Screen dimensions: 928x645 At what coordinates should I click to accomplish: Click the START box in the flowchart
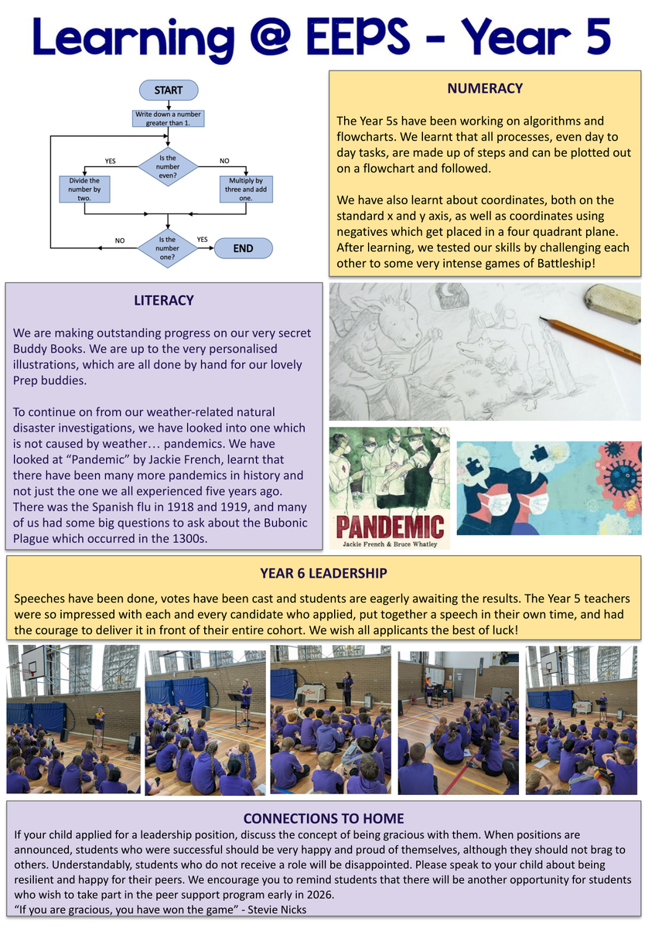[x=168, y=90]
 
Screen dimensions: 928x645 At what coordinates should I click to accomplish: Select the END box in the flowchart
[x=243, y=248]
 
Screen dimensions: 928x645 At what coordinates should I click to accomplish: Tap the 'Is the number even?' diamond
[x=168, y=165]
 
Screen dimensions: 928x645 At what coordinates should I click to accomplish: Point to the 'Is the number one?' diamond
[x=168, y=248]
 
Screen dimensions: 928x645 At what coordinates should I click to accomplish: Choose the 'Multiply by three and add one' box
[x=246, y=189]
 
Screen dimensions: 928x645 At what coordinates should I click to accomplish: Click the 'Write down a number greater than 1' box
[x=168, y=118]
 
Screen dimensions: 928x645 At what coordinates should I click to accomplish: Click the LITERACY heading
[x=163, y=300]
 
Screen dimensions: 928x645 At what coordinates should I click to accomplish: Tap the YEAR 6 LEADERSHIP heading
[x=324, y=573]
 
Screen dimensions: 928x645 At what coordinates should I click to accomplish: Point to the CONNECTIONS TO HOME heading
[x=323, y=818]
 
